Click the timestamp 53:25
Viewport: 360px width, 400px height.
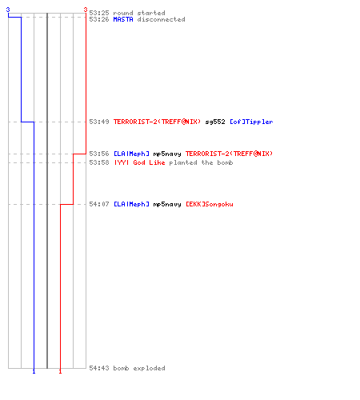click(x=99, y=13)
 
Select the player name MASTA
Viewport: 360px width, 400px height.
click(x=123, y=19)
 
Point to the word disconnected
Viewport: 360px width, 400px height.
click(x=161, y=19)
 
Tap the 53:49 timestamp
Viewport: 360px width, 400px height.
click(x=99, y=122)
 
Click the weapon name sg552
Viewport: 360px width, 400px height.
click(x=215, y=122)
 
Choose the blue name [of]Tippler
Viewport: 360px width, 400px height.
click(x=251, y=122)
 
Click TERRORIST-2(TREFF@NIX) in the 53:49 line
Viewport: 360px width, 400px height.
click(x=157, y=122)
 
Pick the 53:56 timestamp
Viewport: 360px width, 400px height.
click(x=99, y=154)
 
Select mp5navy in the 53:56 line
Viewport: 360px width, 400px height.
click(x=167, y=154)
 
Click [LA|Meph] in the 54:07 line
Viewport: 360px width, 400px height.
click(x=131, y=204)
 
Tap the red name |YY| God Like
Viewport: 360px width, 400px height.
click(x=139, y=162)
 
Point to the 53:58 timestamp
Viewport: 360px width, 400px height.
click(x=99, y=162)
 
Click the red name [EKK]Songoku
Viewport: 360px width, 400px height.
click(x=210, y=204)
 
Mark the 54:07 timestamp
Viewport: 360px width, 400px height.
click(x=99, y=204)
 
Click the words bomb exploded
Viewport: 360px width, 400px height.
click(x=139, y=368)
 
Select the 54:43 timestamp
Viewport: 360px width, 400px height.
click(x=99, y=368)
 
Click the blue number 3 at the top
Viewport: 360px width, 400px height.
click(x=8, y=10)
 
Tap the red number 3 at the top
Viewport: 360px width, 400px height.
click(x=86, y=10)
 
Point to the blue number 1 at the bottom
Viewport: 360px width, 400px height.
click(x=34, y=372)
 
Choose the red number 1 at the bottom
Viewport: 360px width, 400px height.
click(x=60, y=372)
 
